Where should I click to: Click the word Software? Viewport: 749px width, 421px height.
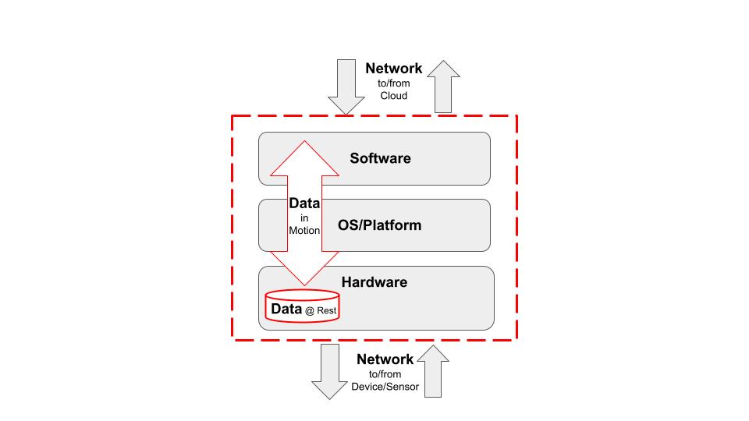click(380, 158)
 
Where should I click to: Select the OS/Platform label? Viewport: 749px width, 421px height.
click(379, 225)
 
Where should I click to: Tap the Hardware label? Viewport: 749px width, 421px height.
click(374, 282)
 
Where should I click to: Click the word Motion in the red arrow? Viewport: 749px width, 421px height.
click(304, 231)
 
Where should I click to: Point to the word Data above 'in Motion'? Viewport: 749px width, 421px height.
click(304, 203)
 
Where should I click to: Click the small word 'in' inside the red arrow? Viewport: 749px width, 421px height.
click(304, 218)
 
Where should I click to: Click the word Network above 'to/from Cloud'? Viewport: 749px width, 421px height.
click(394, 69)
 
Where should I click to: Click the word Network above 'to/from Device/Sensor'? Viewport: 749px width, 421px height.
click(385, 359)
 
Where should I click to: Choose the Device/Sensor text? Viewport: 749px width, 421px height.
click(385, 387)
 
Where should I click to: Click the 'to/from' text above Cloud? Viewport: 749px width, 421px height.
click(394, 83)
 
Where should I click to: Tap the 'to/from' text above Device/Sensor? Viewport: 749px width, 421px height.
click(385, 373)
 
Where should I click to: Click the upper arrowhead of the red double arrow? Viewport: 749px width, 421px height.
click(304, 160)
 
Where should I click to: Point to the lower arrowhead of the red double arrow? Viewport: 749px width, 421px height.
click(304, 269)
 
